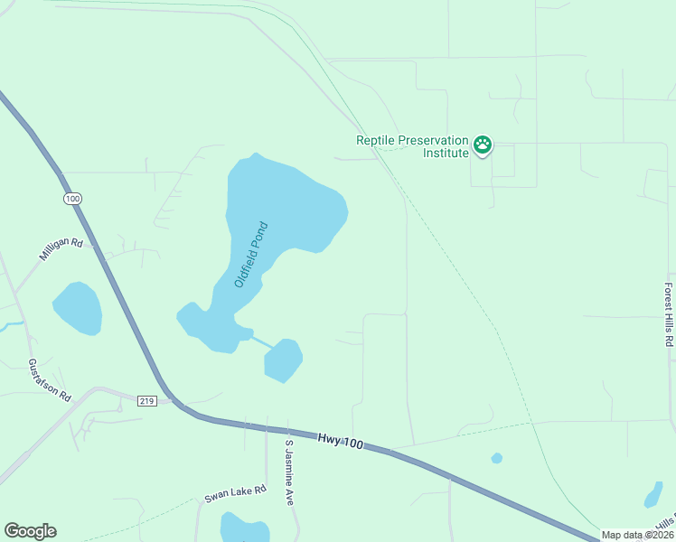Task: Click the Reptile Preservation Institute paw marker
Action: tap(484, 145)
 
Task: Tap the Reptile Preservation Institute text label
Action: tap(413, 146)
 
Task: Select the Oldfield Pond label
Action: tap(251, 255)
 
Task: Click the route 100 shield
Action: tap(73, 198)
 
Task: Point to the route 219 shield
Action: tap(148, 400)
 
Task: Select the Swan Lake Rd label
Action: tap(235, 493)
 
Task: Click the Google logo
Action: tap(30, 531)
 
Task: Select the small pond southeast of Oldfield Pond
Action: tap(283, 360)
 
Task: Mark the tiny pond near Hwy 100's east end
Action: tap(496, 458)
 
